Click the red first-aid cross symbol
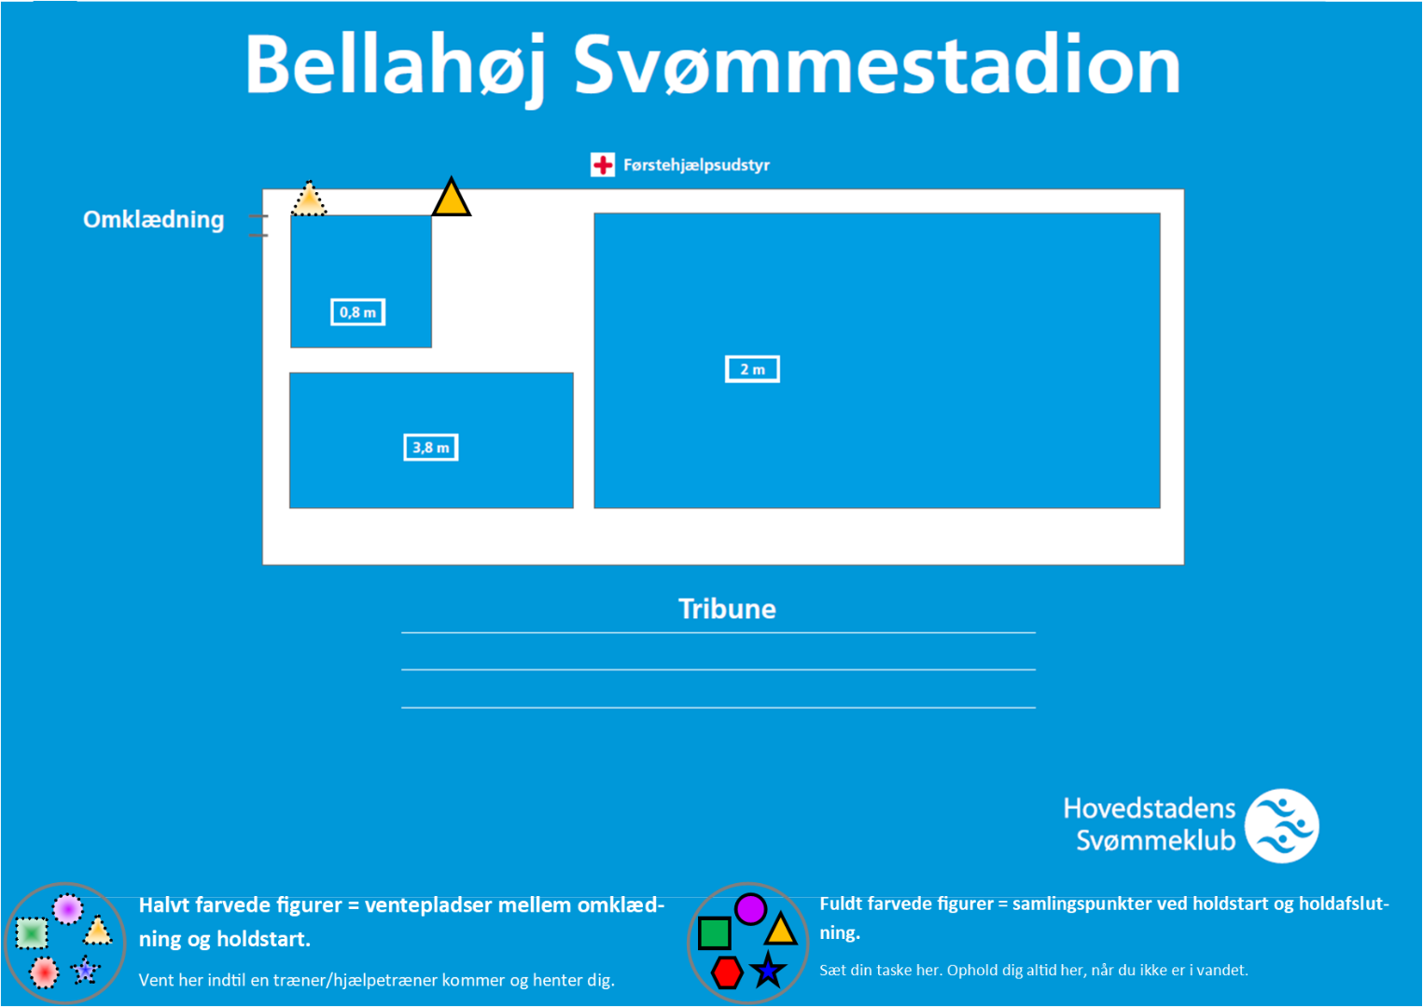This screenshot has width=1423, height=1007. (x=602, y=165)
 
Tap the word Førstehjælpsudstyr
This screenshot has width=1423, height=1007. (x=696, y=165)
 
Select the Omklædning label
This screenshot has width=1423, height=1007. (x=154, y=220)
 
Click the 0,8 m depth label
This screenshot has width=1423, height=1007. (x=357, y=311)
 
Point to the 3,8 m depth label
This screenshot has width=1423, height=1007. (x=431, y=448)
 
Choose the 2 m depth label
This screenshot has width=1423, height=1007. (x=752, y=369)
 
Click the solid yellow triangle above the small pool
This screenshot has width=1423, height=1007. (x=451, y=198)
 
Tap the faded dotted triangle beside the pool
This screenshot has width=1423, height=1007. (x=309, y=199)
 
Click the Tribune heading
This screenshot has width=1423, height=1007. (x=728, y=609)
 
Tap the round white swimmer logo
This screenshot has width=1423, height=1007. (x=1282, y=825)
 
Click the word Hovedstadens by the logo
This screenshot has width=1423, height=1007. (x=1150, y=808)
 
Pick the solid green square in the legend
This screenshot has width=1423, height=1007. (x=714, y=933)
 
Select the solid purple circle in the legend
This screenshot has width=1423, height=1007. (x=750, y=909)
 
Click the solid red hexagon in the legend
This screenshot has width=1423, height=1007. (x=727, y=973)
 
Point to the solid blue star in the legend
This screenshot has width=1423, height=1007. (x=768, y=970)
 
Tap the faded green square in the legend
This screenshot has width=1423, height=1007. (x=32, y=932)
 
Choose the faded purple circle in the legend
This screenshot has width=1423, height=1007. (x=67, y=909)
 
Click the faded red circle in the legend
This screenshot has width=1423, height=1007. (x=44, y=973)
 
